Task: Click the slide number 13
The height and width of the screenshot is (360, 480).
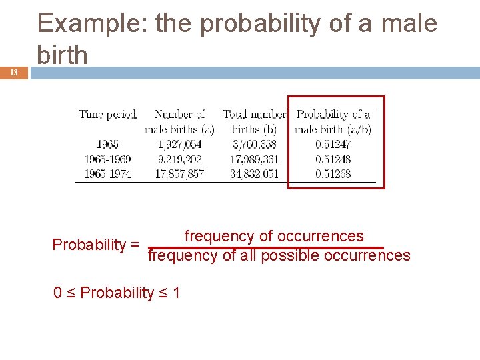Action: coord(13,73)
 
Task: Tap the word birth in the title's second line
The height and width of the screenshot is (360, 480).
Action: coord(63,55)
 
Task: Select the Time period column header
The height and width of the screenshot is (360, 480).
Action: coord(107,115)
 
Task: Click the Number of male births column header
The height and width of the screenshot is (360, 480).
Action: coord(179,121)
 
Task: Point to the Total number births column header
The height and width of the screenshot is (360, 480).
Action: coord(254,121)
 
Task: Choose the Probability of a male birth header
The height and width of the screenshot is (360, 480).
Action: coord(333,121)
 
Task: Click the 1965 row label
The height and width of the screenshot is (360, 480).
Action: coord(107,144)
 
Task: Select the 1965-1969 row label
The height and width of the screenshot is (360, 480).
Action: coord(107,159)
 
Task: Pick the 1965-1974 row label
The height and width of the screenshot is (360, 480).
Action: coord(107,174)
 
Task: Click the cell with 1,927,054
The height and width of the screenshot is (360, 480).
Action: coord(179,144)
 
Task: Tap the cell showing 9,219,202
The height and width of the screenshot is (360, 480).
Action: coord(179,159)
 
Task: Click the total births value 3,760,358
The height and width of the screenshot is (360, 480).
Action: coord(254,144)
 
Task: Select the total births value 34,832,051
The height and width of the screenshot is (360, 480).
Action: coord(254,174)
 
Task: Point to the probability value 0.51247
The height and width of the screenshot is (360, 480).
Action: coord(333,144)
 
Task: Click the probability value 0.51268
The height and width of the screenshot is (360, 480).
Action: coord(333,174)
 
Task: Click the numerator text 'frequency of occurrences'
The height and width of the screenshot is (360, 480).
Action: coord(274,236)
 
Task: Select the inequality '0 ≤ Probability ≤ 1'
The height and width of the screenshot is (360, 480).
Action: coord(117,293)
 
